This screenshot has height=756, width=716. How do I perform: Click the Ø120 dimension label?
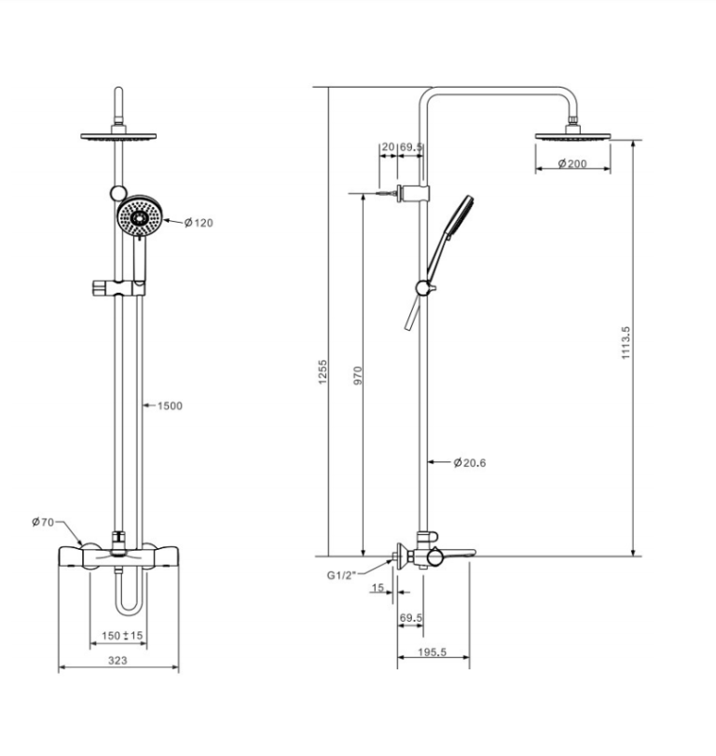(199, 223)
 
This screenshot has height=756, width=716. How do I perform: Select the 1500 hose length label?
(169, 405)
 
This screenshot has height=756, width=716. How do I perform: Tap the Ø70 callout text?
(43, 522)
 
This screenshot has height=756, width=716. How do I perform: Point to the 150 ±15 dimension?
(122, 636)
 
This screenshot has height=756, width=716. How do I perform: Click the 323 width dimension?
(117, 660)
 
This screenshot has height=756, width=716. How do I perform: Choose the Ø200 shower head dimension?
(572, 164)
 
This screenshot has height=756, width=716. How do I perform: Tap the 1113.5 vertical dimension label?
(626, 343)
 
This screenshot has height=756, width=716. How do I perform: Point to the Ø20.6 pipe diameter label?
(472, 462)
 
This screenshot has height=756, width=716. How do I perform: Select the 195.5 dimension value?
(432, 653)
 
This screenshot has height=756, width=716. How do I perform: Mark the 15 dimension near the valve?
(378, 587)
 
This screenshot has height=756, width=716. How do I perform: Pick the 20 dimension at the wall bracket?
(387, 147)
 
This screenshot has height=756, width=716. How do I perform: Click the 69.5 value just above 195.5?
(411, 618)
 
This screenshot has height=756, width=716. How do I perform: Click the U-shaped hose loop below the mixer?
(130, 597)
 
